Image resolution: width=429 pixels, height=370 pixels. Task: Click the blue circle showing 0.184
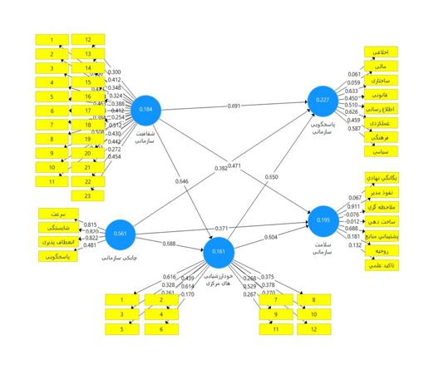tap(147, 110)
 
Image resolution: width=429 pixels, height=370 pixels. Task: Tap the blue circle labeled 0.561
tap(120, 234)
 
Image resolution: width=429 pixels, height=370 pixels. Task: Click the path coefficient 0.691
tap(234, 106)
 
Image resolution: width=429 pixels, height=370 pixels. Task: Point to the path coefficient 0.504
tap(271, 237)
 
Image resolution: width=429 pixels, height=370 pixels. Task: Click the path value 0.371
tap(220, 228)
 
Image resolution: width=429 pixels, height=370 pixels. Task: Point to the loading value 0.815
tap(90, 225)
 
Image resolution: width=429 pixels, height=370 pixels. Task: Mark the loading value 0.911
tap(353, 206)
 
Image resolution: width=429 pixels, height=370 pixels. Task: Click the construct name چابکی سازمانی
tap(119, 258)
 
